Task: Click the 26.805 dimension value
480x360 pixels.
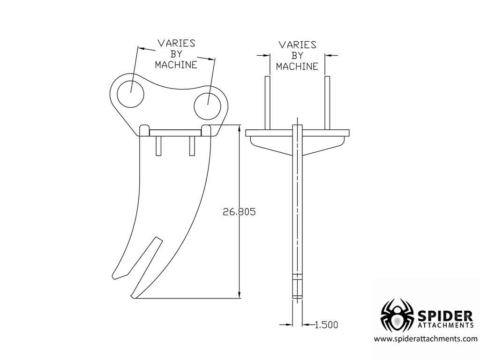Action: click(239, 212)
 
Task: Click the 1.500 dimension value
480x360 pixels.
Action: click(326, 324)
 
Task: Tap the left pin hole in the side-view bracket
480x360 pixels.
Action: click(130, 93)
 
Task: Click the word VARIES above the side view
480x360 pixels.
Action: click(176, 44)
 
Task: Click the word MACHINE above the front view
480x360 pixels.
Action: click(297, 67)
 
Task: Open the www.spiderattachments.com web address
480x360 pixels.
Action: click(425, 339)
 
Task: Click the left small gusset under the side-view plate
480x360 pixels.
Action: click(158, 146)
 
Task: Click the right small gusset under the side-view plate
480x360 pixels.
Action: click(192, 146)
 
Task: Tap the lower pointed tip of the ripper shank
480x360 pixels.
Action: click(133, 296)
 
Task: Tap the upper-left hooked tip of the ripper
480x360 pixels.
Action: click(114, 277)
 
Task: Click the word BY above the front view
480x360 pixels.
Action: click(297, 56)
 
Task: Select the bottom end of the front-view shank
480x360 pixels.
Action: click(297, 296)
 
